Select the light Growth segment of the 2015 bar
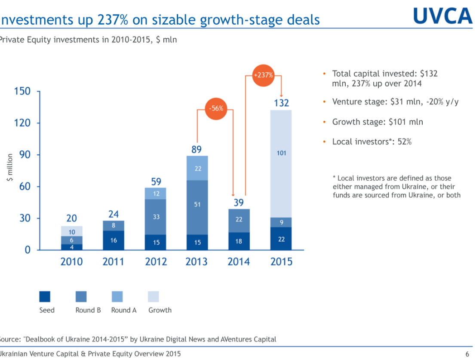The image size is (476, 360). click(x=281, y=163)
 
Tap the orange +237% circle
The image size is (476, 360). click(x=264, y=74)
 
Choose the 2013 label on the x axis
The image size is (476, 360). click(x=197, y=262)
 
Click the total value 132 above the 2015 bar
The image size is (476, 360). click(x=282, y=103)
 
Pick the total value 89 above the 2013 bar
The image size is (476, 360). click(x=197, y=149)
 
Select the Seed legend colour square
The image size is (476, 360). click(x=45, y=296)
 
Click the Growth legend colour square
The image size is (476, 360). click(x=153, y=296)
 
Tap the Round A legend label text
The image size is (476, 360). click(x=123, y=310)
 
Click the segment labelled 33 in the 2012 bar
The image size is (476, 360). click(x=156, y=217)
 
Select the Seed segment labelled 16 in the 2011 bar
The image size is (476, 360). click(x=114, y=240)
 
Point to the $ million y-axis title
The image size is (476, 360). click(x=10, y=168)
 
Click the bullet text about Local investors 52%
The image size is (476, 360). click(x=372, y=142)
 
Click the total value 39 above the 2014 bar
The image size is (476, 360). click(x=238, y=203)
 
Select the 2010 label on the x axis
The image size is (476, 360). click(x=71, y=262)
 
